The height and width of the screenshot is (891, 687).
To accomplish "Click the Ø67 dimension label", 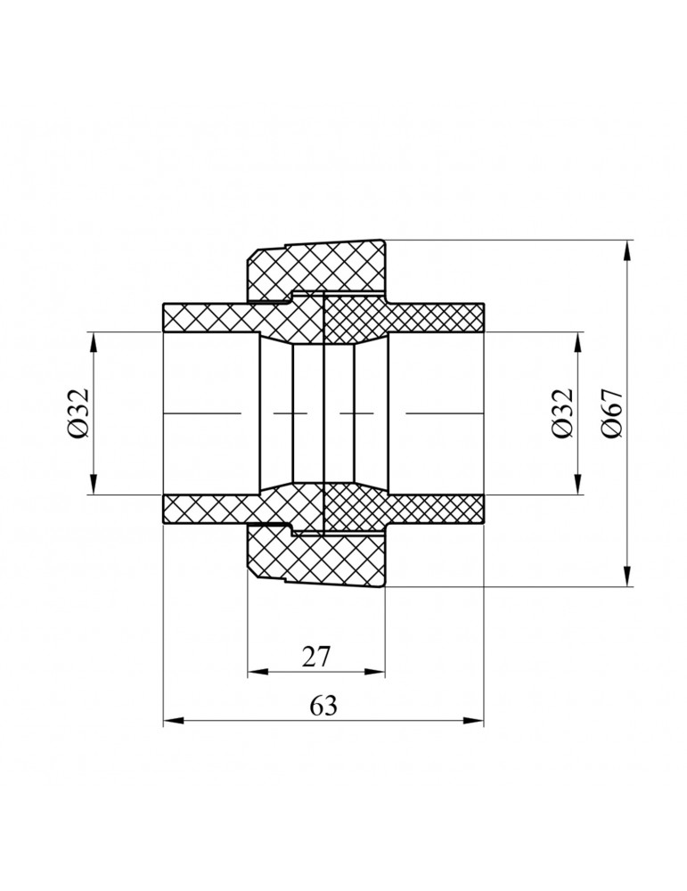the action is pos(614,413).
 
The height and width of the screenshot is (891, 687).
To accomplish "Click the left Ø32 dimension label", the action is pos(78,413).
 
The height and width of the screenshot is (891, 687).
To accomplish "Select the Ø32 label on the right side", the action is pos(561,413).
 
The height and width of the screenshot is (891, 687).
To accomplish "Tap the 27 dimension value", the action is pos(316,657).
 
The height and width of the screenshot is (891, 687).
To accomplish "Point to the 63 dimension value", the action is pos(323,706).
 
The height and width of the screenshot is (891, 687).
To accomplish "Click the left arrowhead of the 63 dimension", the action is pos(173,721).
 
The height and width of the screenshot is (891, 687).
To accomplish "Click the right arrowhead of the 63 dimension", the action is pos(474,721).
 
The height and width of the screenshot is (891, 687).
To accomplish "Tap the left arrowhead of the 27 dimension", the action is pos(258,672).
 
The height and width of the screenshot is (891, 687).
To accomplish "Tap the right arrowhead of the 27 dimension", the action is pos(375,672).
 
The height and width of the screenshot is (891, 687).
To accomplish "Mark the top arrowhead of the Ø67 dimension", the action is pos(627,250).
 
